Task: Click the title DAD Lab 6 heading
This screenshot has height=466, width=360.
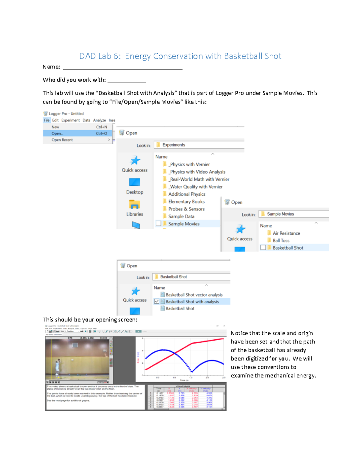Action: pyautogui.click(x=180, y=56)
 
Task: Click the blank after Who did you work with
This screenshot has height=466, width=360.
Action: pyautogui.click(x=127, y=80)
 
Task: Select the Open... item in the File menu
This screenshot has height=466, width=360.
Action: pyautogui.click(x=57, y=134)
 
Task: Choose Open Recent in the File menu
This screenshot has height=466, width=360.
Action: pyautogui.click(x=62, y=140)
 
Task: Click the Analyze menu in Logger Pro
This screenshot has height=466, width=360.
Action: pyautogui.click(x=99, y=120)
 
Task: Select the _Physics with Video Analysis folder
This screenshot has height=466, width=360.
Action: pyautogui.click(x=197, y=172)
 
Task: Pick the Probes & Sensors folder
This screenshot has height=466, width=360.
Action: pyautogui.click(x=186, y=209)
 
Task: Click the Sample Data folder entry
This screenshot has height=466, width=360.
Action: pyautogui.click(x=181, y=216)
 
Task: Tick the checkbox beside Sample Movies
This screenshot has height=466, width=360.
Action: pyautogui.click(x=158, y=224)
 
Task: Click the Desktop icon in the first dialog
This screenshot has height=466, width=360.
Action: pyautogui.click(x=135, y=182)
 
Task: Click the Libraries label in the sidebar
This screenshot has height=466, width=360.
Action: pyautogui.click(x=135, y=214)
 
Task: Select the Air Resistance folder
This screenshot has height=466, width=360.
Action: pyautogui.click(x=286, y=233)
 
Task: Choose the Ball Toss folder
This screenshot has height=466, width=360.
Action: pyautogui.click(x=281, y=240)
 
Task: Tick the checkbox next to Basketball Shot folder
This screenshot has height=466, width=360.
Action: pyautogui.click(x=263, y=248)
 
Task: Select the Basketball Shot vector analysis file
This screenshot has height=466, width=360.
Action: pyautogui.click(x=194, y=295)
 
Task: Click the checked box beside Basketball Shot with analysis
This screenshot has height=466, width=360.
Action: pyautogui.click(x=157, y=301)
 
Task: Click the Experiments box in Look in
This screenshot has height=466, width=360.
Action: pyautogui.click(x=199, y=145)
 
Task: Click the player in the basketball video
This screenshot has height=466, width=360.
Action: pyautogui.click(x=57, y=366)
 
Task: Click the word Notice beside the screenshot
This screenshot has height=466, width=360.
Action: pyautogui.click(x=239, y=333)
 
